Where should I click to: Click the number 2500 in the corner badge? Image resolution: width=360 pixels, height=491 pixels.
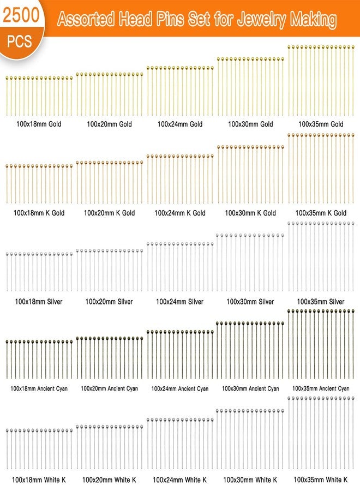[x=21, y=15]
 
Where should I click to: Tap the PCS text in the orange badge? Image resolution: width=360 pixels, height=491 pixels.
[x=20, y=41]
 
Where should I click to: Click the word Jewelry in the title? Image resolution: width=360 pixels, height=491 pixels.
[x=261, y=20]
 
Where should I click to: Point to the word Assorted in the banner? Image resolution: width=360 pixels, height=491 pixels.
[x=86, y=19]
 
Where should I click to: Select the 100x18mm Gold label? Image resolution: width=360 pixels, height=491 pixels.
[x=39, y=124]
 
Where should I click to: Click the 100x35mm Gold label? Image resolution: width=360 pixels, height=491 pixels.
[x=321, y=124]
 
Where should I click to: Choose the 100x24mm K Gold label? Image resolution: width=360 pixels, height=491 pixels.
[x=180, y=213]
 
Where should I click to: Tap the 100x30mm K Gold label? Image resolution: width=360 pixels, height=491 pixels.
[x=250, y=213]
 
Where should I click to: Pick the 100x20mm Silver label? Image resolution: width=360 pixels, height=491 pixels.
[x=109, y=302]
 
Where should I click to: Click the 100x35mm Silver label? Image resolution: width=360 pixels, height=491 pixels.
[x=321, y=302]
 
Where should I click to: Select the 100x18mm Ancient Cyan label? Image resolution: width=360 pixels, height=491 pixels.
[x=39, y=388]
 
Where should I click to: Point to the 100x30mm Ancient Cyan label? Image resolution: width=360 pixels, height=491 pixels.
[x=250, y=388]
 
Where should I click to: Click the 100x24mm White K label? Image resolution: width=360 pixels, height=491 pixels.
[x=179, y=480]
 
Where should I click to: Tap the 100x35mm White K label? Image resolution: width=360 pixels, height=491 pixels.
[x=321, y=480]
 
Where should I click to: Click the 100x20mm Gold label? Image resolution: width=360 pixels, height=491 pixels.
[x=109, y=124]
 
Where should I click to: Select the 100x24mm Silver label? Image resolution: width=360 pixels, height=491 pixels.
[x=179, y=302]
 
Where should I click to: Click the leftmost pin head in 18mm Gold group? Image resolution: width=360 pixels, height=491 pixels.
[x=7, y=78]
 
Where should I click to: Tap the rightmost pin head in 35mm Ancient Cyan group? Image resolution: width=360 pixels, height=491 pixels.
[x=353, y=312]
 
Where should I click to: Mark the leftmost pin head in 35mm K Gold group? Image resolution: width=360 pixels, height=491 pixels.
[x=289, y=135]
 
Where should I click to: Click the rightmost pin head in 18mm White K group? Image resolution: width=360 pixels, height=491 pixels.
[x=71, y=431]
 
